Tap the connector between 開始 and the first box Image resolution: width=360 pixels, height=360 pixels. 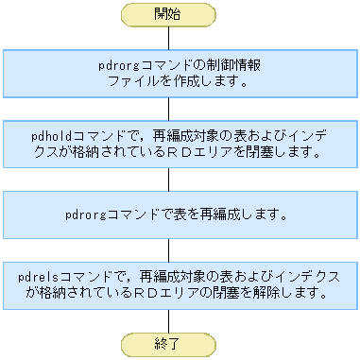click(168, 37)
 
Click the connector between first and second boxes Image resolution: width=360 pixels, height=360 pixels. click(168, 109)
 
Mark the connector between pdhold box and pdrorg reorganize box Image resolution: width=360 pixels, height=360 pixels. click(168, 180)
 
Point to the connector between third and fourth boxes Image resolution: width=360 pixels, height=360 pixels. click(168, 250)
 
